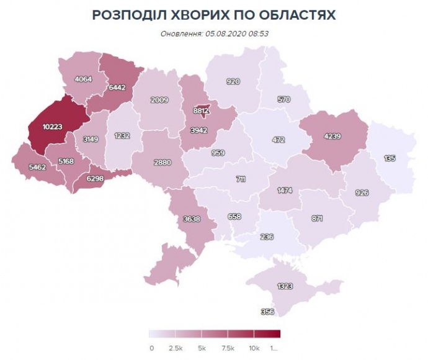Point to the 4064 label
82,79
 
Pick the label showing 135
390,158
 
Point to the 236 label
266,237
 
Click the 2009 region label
159,100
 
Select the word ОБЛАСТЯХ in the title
296,15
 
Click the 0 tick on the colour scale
151,348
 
